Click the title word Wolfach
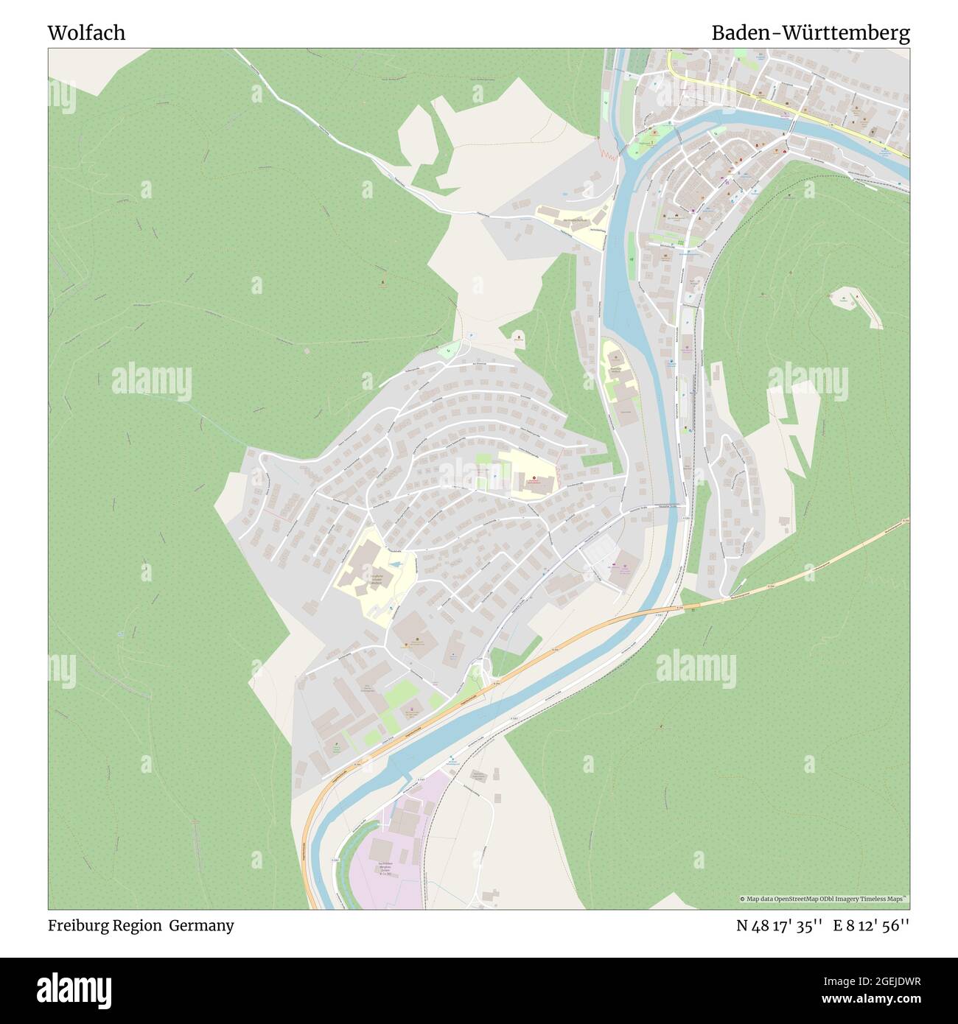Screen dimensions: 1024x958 pyautogui.click(x=86, y=32)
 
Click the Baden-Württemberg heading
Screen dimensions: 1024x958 pyautogui.click(x=810, y=32)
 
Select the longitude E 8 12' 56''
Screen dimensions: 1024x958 pyautogui.click(x=871, y=925)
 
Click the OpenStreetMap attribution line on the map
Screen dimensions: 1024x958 pyautogui.click(x=823, y=899)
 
